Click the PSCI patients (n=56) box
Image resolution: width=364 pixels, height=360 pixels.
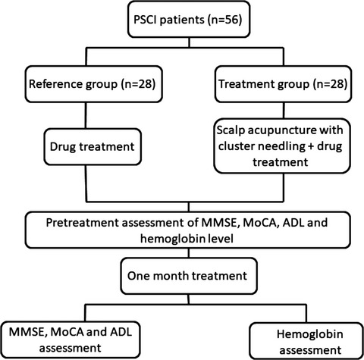[189, 20]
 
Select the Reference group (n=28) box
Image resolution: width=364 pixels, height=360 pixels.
[93, 84]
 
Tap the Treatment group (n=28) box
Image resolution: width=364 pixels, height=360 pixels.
[283, 84]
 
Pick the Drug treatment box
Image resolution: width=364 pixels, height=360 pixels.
[93, 147]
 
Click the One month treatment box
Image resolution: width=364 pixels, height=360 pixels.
[189, 276]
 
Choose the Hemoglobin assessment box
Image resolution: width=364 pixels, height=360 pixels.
[306, 341]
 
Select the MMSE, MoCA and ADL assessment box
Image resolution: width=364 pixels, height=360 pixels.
[70, 340]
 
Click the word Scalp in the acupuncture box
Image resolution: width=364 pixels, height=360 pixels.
[231, 130]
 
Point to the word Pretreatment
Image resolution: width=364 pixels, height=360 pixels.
[83, 223]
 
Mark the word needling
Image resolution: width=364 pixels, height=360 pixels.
[279, 146]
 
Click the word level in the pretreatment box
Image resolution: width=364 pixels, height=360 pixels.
[220, 239]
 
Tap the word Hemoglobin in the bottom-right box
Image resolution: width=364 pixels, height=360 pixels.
[310, 334]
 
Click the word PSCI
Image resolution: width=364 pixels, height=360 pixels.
[145, 20]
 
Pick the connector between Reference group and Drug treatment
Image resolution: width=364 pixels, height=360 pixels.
[86, 115]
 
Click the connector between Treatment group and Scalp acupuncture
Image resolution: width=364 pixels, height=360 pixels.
[284, 111]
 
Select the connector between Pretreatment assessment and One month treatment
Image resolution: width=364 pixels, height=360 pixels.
[189, 253]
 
